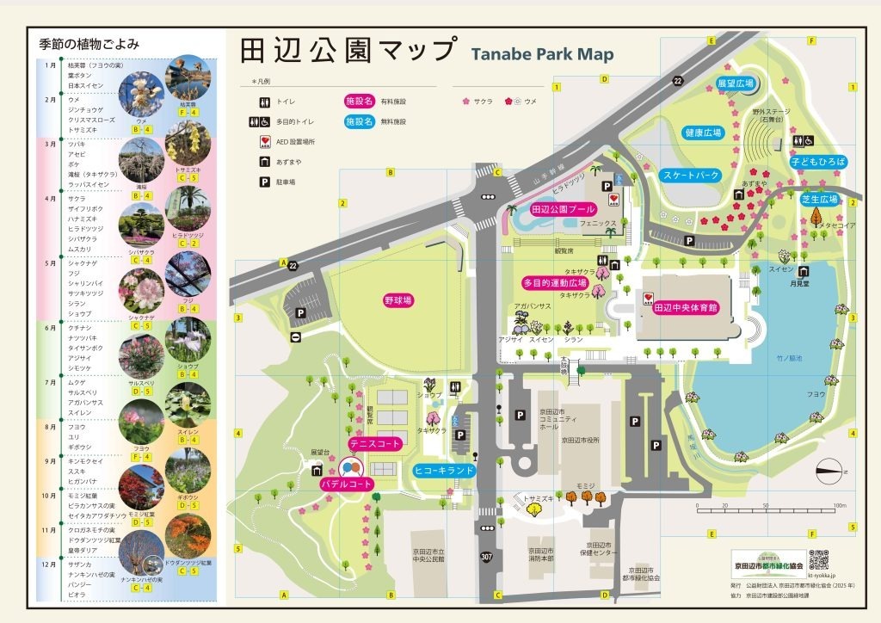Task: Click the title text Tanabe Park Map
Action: [542, 54]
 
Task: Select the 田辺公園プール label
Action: [563, 209]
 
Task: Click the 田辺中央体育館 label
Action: [685, 307]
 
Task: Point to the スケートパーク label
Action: [691, 175]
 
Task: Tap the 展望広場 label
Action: [736, 83]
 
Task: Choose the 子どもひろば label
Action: [818, 162]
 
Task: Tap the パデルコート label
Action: [347, 485]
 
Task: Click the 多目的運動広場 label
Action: [555, 282]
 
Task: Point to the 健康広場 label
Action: [703, 133]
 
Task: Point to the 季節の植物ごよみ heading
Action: [89, 43]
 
